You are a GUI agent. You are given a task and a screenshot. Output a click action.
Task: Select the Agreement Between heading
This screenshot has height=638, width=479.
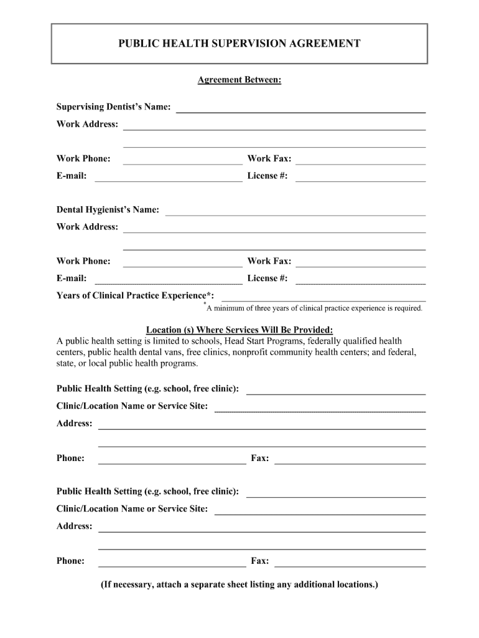click(240, 80)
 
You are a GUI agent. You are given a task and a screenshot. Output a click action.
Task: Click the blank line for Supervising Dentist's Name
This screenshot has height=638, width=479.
click(301, 111)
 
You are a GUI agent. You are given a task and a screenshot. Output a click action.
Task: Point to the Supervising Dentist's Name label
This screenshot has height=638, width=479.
click(114, 107)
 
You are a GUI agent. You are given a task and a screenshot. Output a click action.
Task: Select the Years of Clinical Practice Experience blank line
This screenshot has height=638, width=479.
click(323, 299)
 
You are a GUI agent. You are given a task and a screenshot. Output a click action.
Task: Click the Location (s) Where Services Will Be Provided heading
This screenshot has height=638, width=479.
click(240, 330)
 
